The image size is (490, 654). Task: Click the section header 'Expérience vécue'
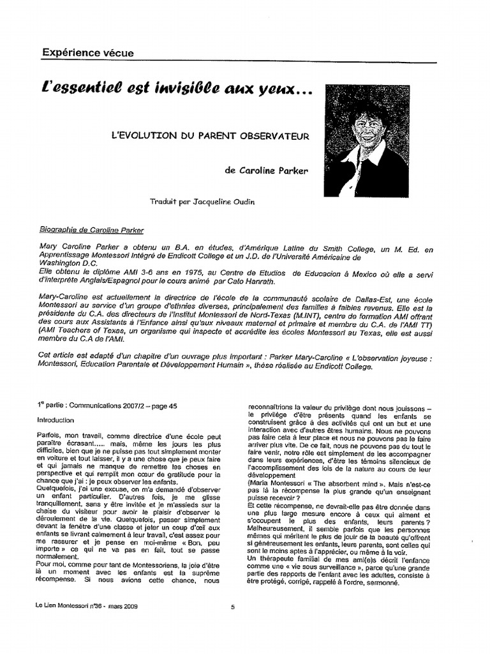pyautogui.click(x=88, y=53)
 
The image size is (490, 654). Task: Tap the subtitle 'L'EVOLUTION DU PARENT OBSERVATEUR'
pyautogui.click(x=210, y=136)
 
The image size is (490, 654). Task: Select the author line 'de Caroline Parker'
pyautogui.click(x=267, y=171)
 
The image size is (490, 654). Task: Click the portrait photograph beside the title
pyautogui.click(x=366, y=141)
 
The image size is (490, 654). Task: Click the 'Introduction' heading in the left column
pyautogui.click(x=56, y=420)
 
